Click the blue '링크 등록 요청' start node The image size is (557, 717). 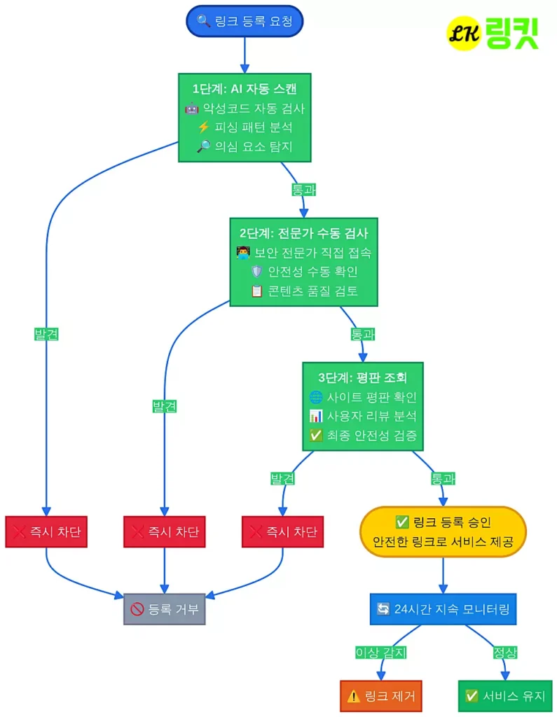click(x=245, y=21)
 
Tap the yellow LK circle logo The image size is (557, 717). click(x=464, y=33)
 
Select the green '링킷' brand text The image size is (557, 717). click(x=512, y=34)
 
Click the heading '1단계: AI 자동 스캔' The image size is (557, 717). click(x=245, y=89)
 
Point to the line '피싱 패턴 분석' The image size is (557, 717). click(x=245, y=127)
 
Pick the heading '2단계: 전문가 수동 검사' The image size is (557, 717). click(x=303, y=234)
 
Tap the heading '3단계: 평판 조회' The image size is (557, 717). click(x=363, y=378)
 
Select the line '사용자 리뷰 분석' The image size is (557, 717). click(x=363, y=417)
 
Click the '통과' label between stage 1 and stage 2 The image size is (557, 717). click(x=303, y=189)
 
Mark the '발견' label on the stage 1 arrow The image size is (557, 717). click(x=46, y=334)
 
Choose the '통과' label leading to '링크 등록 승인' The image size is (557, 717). click(x=442, y=479)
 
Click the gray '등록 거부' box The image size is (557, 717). click(x=165, y=609)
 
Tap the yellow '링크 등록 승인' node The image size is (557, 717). click(x=442, y=531)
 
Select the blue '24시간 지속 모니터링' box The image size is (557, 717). click(x=442, y=609)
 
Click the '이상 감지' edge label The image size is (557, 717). click(x=381, y=653)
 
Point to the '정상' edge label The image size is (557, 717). click(x=504, y=653)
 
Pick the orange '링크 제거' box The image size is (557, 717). click(x=381, y=696)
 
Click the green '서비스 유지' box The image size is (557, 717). click(x=504, y=696)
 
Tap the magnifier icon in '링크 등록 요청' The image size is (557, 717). click(x=203, y=21)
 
